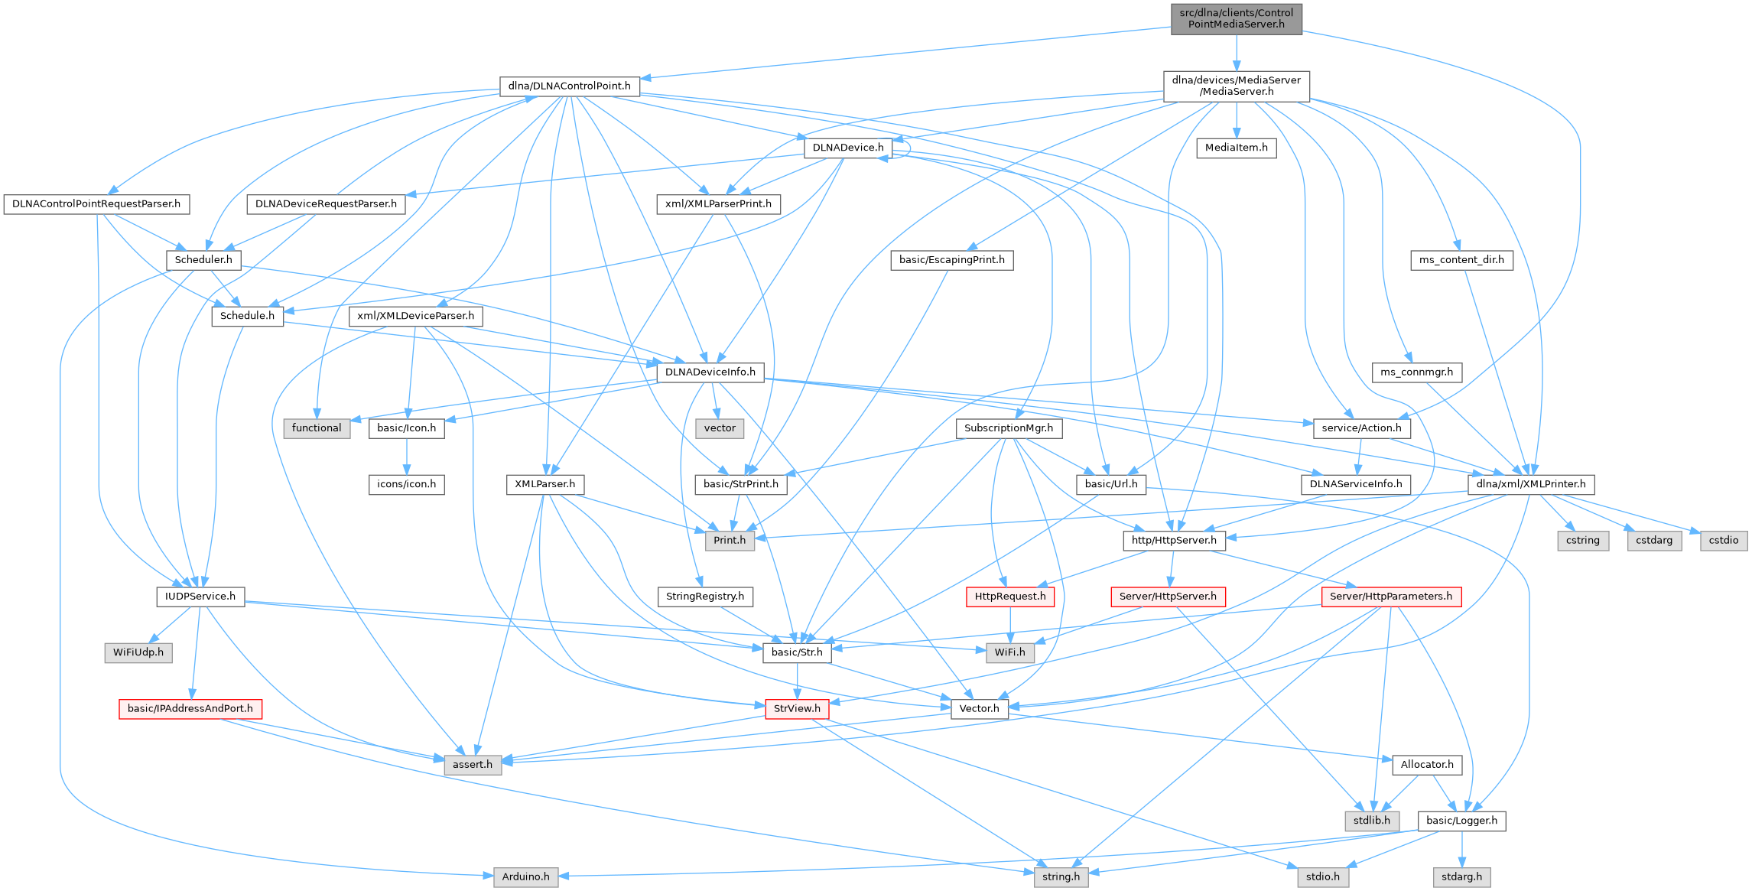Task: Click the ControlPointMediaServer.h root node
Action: (1236, 18)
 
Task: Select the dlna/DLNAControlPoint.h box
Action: (569, 86)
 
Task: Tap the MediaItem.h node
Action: (1236, 148)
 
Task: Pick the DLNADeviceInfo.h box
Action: (710, 372)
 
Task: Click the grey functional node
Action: (317, 428)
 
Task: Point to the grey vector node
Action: (720, 428)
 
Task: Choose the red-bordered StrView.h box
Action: (797, 709)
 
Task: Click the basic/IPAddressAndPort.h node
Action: (190, 709)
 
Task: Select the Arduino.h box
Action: (526, 876)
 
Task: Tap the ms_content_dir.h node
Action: (1461, 260)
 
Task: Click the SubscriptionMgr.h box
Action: (1008, 428)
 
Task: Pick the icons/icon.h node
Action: (407, 484)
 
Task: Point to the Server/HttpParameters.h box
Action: (1391, 597)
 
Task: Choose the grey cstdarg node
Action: (1654, 541)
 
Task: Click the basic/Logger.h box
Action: (1461, 821)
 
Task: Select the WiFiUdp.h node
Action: (138, 653)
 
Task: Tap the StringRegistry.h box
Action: (705, 597)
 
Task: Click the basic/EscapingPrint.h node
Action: (951, 260)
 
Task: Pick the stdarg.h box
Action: (1461, 876)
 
